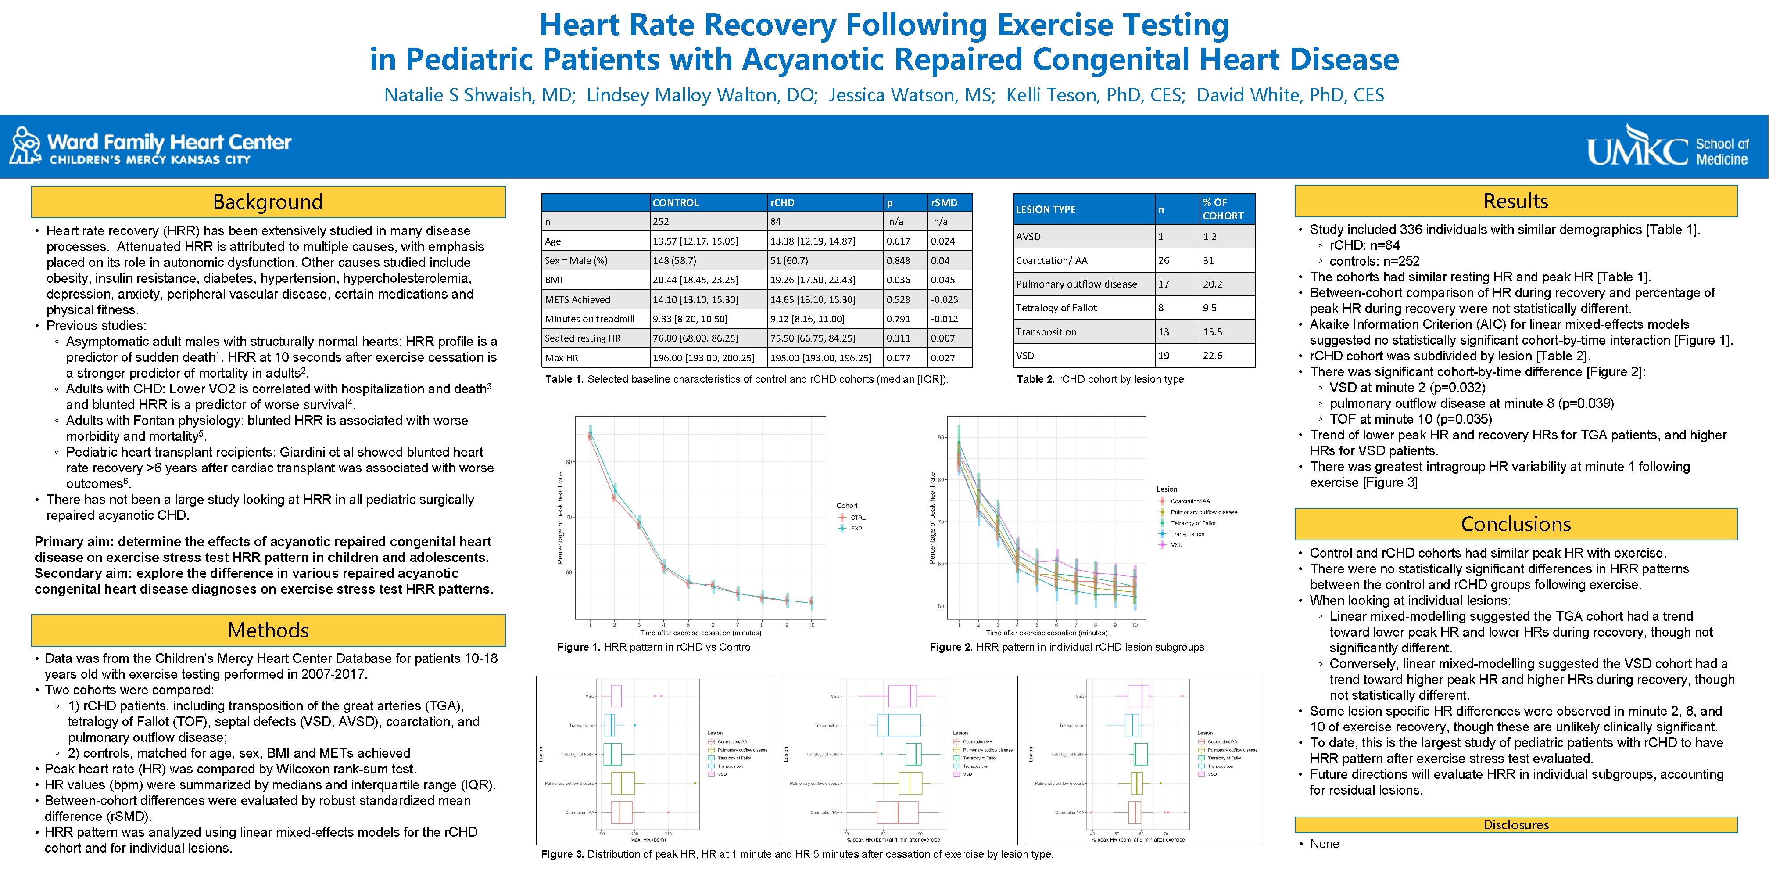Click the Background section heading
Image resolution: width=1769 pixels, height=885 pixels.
(268, 202)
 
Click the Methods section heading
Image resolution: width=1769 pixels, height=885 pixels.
(268, 630)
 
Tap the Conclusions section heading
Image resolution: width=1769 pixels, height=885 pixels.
(1515, 524)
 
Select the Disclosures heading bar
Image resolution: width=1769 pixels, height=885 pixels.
(1515, 824)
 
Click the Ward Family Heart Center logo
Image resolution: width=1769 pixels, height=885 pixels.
(151, 146)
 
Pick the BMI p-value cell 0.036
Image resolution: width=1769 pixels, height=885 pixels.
(898, 280)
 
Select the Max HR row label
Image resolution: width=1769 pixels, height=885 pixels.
(561, 358)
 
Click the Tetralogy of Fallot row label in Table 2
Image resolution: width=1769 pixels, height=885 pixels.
(1056, 308)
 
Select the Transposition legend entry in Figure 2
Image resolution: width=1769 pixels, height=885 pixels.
(1187, 534)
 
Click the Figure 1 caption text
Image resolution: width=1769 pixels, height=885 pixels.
(655, 647)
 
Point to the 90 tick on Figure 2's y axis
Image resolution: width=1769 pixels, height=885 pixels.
(941, 438)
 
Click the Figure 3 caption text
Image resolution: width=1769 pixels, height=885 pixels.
(797, 854)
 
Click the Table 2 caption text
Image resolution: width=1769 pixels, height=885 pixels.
(1099, 379)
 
